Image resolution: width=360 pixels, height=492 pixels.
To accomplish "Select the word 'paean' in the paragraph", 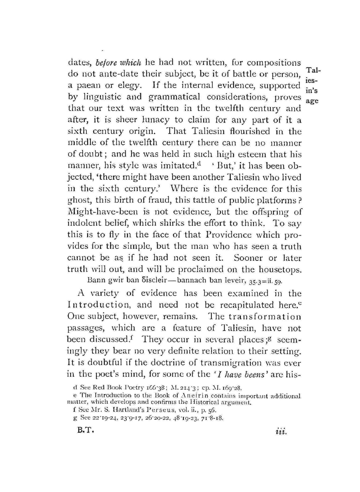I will tap(88, 86).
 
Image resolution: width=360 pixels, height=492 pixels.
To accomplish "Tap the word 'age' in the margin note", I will tap(311, 101).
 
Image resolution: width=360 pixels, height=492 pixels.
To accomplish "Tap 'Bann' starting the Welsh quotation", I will tap(95, 280).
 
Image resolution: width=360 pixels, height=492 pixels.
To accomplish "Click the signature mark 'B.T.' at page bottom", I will tap(86, 431).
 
